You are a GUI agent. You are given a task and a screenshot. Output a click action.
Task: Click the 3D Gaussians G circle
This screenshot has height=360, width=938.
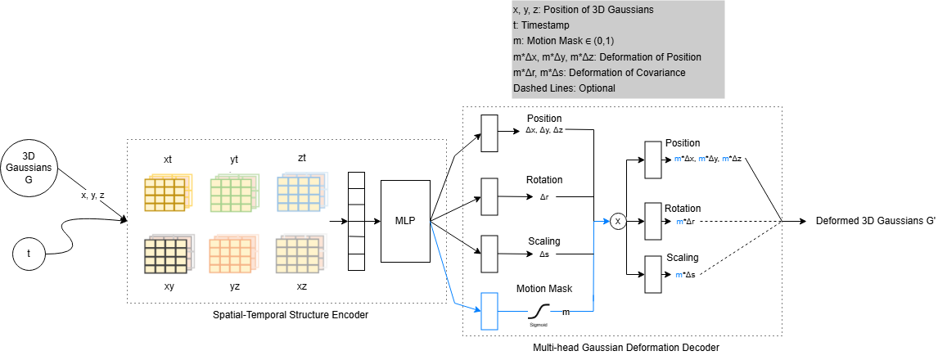(x=29, y=169)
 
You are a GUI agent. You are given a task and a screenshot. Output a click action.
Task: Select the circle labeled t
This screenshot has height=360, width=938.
(x=29, y=254)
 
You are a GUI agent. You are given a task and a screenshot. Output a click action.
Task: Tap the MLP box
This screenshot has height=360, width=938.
(x=405, y=220)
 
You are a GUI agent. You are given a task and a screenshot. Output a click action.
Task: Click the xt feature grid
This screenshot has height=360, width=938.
(x=167, y=193)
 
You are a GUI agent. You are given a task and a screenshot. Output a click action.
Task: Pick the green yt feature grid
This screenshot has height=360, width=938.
(x=234, y=193)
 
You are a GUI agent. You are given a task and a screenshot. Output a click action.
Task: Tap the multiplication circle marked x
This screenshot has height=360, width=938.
(x=618, y=221)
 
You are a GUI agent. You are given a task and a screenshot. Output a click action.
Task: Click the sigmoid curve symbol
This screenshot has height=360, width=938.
(x=539, y=311)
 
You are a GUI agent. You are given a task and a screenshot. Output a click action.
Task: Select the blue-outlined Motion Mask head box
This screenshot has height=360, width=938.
(x=489, y=311)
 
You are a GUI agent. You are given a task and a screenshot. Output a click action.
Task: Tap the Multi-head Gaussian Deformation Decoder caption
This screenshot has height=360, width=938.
(x=625, y=348)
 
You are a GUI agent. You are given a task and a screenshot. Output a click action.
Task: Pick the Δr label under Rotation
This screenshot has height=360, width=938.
(x=543, y=196)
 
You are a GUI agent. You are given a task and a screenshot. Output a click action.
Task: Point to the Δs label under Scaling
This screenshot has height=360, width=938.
(x=543, y=254)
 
